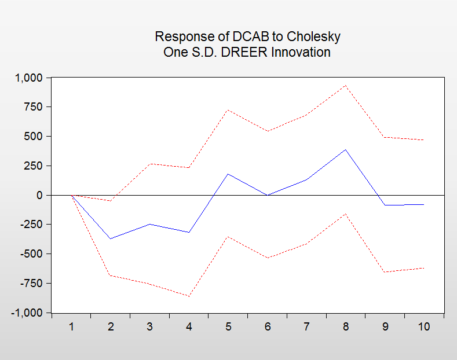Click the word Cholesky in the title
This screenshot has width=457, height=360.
tap(313, 36)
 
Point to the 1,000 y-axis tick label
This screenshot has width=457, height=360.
tap(29, 78)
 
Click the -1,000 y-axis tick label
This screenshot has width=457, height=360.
tap(27, 313)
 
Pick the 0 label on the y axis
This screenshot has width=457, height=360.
tap(39, 195)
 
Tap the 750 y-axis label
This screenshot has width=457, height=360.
tap(34, 107)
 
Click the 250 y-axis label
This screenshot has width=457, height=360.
tap(34, 166)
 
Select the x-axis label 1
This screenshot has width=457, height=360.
tap(71, 326)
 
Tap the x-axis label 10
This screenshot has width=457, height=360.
tap(424, 326)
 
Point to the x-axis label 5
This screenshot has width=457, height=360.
tap(228, 326)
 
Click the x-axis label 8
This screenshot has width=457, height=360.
tap(346, 326)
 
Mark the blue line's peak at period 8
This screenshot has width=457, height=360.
tap(346, 149)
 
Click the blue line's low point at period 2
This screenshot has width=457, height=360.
tap(111, 238)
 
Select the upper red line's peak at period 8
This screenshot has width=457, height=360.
tap(346, 86)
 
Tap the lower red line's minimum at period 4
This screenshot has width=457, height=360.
tap(189, 296)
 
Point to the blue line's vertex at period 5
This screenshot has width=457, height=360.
tap(228, 174)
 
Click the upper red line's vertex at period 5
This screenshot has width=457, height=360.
tap(228, 110)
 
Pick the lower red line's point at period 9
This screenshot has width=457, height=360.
tap(385, 272)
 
